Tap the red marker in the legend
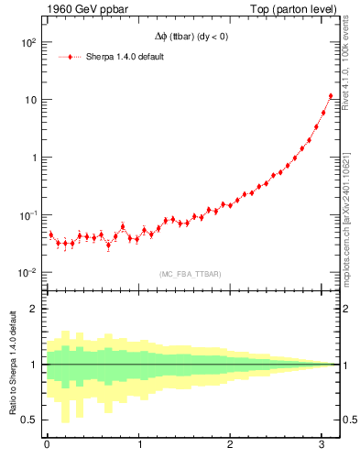click(71, 57)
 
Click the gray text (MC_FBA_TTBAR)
click(190, 274)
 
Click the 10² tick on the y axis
click(28, 42)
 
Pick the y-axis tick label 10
click(30, 100)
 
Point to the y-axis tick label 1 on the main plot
click(34, 158)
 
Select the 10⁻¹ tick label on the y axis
click(28, 214)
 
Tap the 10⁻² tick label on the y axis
click(28, 272)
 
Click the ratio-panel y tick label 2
click(34, 309)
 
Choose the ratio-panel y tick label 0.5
click(30, 420)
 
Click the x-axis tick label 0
click(47, 445)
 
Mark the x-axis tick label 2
click(232, 445)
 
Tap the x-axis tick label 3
click(324, 445)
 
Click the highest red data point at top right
click(331, 96)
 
